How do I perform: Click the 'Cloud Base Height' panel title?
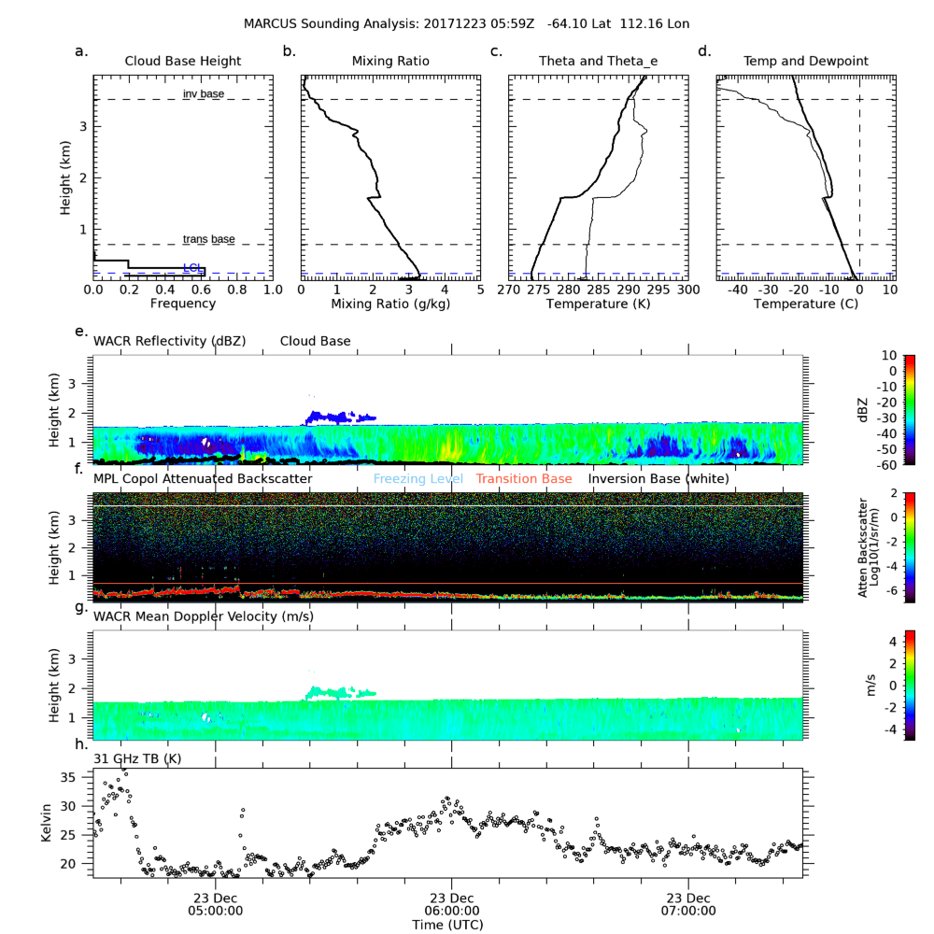coord(183,62)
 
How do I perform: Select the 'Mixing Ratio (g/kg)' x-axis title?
coord(390,304)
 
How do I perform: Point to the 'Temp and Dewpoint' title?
coord(805,62)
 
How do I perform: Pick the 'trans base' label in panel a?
coord(208,240)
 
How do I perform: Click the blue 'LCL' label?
coord(192,268)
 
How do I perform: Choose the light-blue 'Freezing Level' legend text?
coord(418,479)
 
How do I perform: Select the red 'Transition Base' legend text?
coord(523,479)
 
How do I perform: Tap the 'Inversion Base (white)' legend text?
coord(658,479)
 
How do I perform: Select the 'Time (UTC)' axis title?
coord(447,925)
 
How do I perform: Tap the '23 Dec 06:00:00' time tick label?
coord(452,905)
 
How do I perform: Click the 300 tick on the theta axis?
coord(687,290)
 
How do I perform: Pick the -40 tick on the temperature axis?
coord(738,290)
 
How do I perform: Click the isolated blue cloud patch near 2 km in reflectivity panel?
coord(338,417)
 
